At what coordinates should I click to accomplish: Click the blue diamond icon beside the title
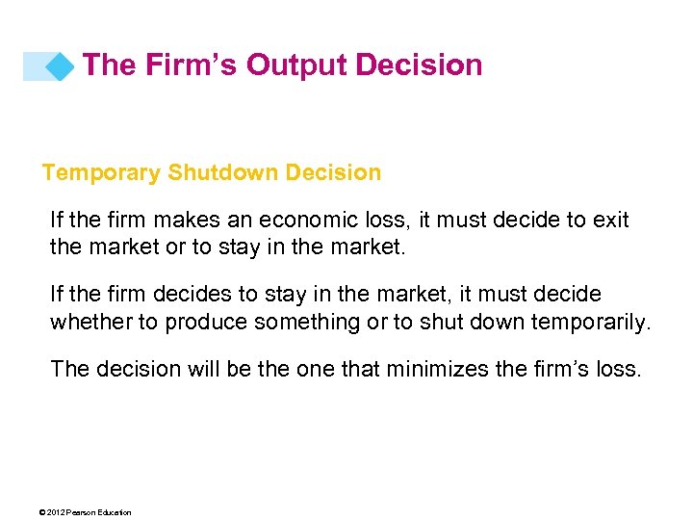click(x=60, y=66)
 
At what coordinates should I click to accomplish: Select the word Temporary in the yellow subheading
click(x=101, y=173)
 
